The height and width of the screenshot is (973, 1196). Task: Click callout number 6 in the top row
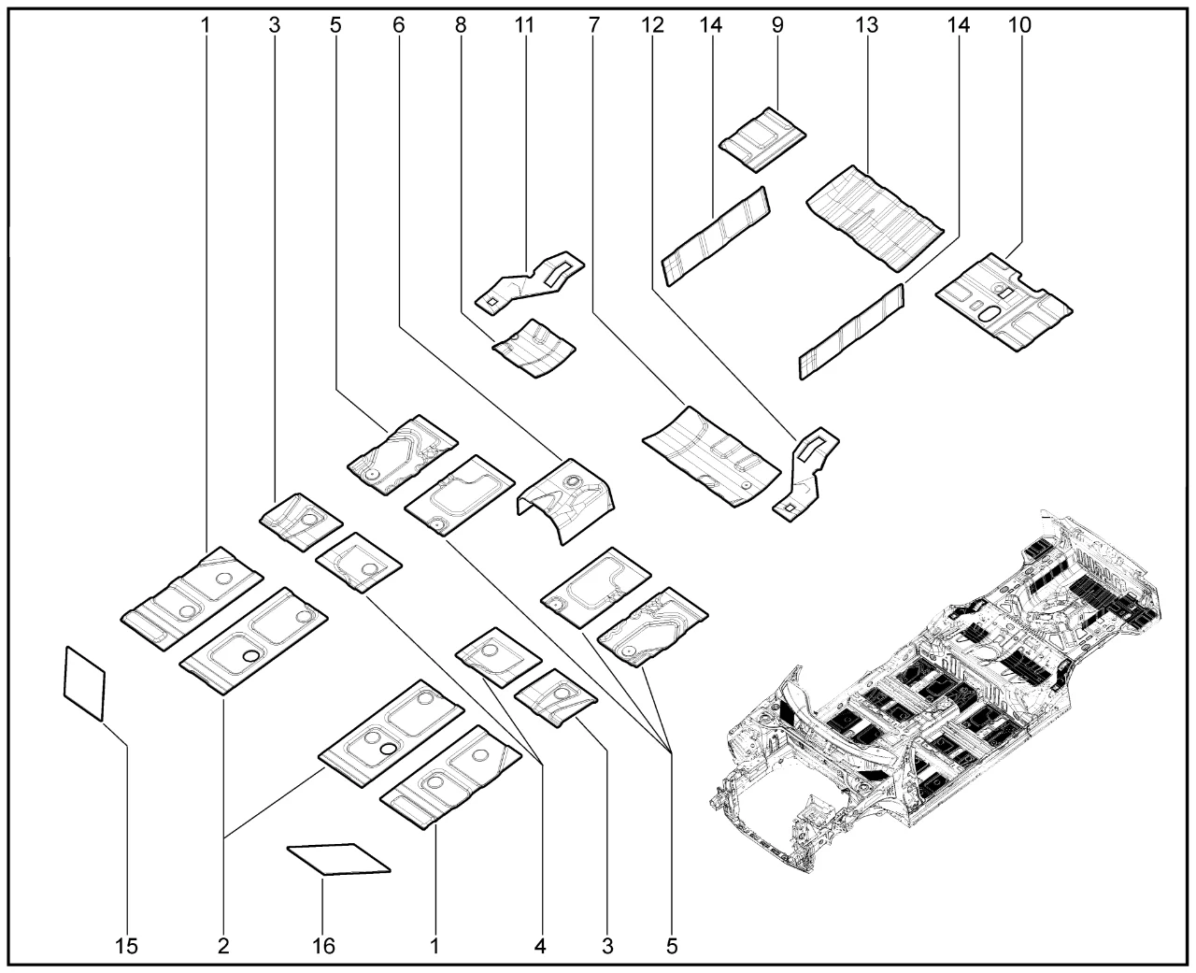398,25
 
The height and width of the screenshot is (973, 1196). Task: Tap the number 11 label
524,25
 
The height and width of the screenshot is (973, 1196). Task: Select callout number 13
866,25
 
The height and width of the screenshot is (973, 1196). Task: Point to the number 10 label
1019,25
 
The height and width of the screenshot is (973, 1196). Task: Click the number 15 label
126,947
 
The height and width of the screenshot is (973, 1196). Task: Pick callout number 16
323,947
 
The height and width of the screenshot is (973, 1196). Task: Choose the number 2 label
223,947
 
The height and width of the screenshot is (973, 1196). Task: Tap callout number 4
540,947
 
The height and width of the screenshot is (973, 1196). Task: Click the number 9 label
777,25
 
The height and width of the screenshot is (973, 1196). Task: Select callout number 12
652,25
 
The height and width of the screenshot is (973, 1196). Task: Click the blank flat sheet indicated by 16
338,860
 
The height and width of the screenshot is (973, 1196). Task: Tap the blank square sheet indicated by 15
85,683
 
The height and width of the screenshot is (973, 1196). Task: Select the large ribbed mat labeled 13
875,218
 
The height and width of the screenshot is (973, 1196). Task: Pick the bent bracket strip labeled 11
530,282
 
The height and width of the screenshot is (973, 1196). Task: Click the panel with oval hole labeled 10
1004,302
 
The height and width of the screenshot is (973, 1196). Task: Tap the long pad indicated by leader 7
711,457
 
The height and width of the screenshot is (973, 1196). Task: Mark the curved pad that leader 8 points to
534,349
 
